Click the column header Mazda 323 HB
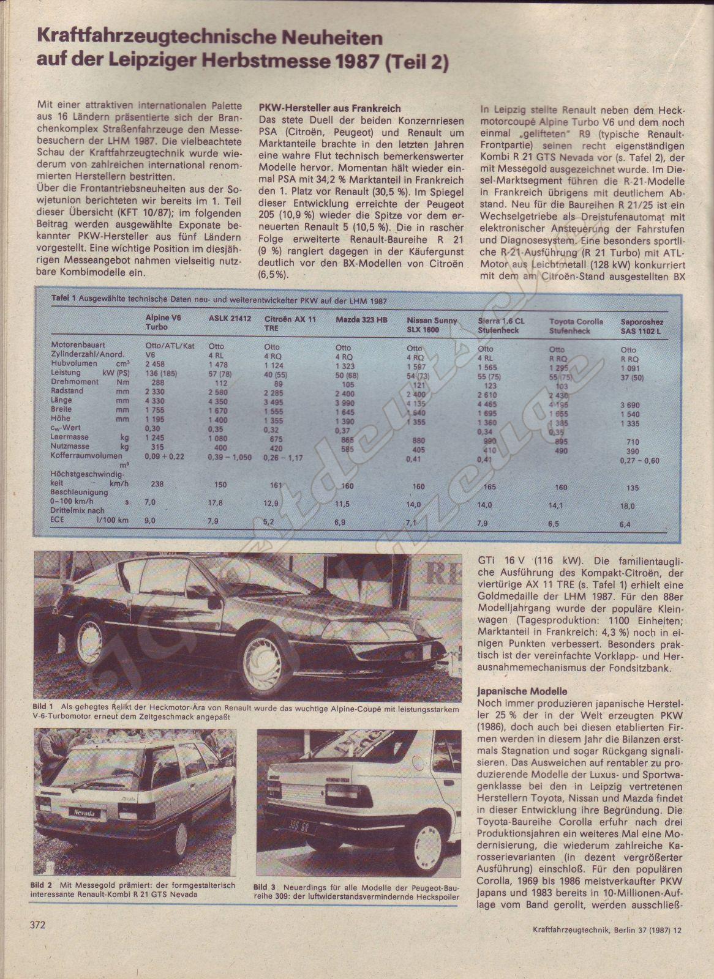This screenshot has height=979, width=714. coord(361,320)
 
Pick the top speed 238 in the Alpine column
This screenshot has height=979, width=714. coord(157,483)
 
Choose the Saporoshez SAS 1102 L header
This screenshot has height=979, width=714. coord(641,326)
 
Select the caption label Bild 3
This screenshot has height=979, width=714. coord(265,887)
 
